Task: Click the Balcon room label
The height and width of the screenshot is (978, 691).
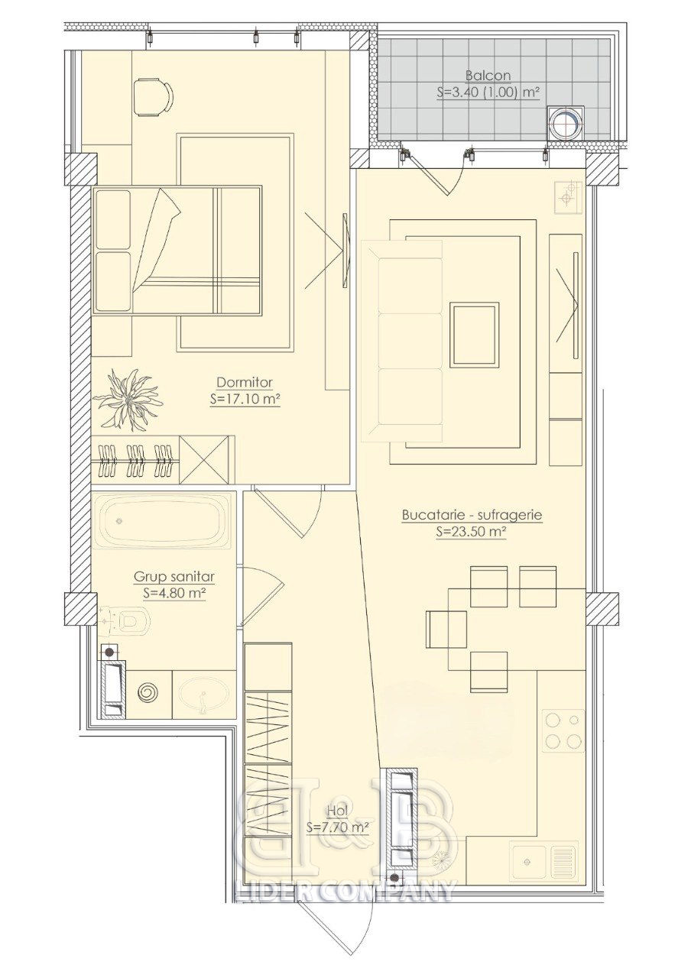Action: (488, 76)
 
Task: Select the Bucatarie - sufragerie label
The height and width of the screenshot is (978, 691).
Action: (472, 515)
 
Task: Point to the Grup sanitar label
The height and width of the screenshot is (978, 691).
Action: (174, 577)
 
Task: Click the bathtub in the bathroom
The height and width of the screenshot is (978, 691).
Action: (162, 520)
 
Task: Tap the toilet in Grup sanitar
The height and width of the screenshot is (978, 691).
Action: (125, 619)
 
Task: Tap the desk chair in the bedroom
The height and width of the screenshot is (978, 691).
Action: (153, 97)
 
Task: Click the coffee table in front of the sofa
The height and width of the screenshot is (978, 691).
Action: (475, 335)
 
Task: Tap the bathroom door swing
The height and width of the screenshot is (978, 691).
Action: (271, 594)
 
